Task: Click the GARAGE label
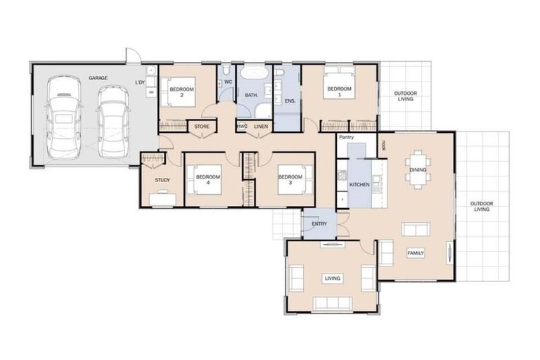pyautogui.click(x=98, y=78)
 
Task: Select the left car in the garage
pyautogui.click(x=61, y=120)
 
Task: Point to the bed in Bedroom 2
pyautogui.click(x=178, y=93)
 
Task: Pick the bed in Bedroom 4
pyautogui.click(x=207, y=180)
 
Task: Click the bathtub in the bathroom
pyautogui.click(x=251, y=74)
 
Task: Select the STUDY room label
pyautogui.click(x=162, y=181)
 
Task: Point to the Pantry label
pyautogui.click(x=346, y=137)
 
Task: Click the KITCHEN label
pyautogui.click(x=359, y=184)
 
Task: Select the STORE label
pyautogui.click(x=202, y=127)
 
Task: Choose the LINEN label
pyautogui.click(x=261, y=127)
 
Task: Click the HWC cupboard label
pyautogui.click(x=241, y=127)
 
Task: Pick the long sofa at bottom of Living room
pyautogui.click(x=333, y=303)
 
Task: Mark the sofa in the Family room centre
pyautogui.click(x=415, y=229)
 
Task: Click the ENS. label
pyautogui.click(x=289, y=101)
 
